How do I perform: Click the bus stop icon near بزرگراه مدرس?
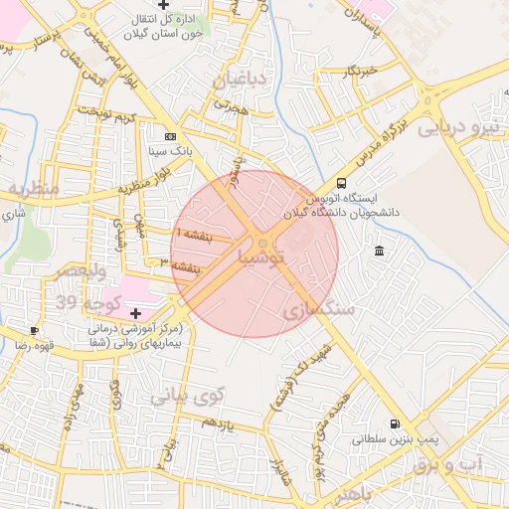pyautogui.click(x=342, y=184)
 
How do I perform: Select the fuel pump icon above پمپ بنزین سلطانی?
pyautogui.click(x=396, y=423)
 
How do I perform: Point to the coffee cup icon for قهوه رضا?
pyautogui.click(x=34, y=330)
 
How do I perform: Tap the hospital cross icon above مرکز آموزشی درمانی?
pyautogui.click(x=135, y=313)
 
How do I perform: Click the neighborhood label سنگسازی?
pyautogui.click(x=318, y=310)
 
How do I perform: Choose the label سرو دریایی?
pyautogui.click(x=459, y=127)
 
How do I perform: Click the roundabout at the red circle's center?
pyautogui.click(x=261, y=243)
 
